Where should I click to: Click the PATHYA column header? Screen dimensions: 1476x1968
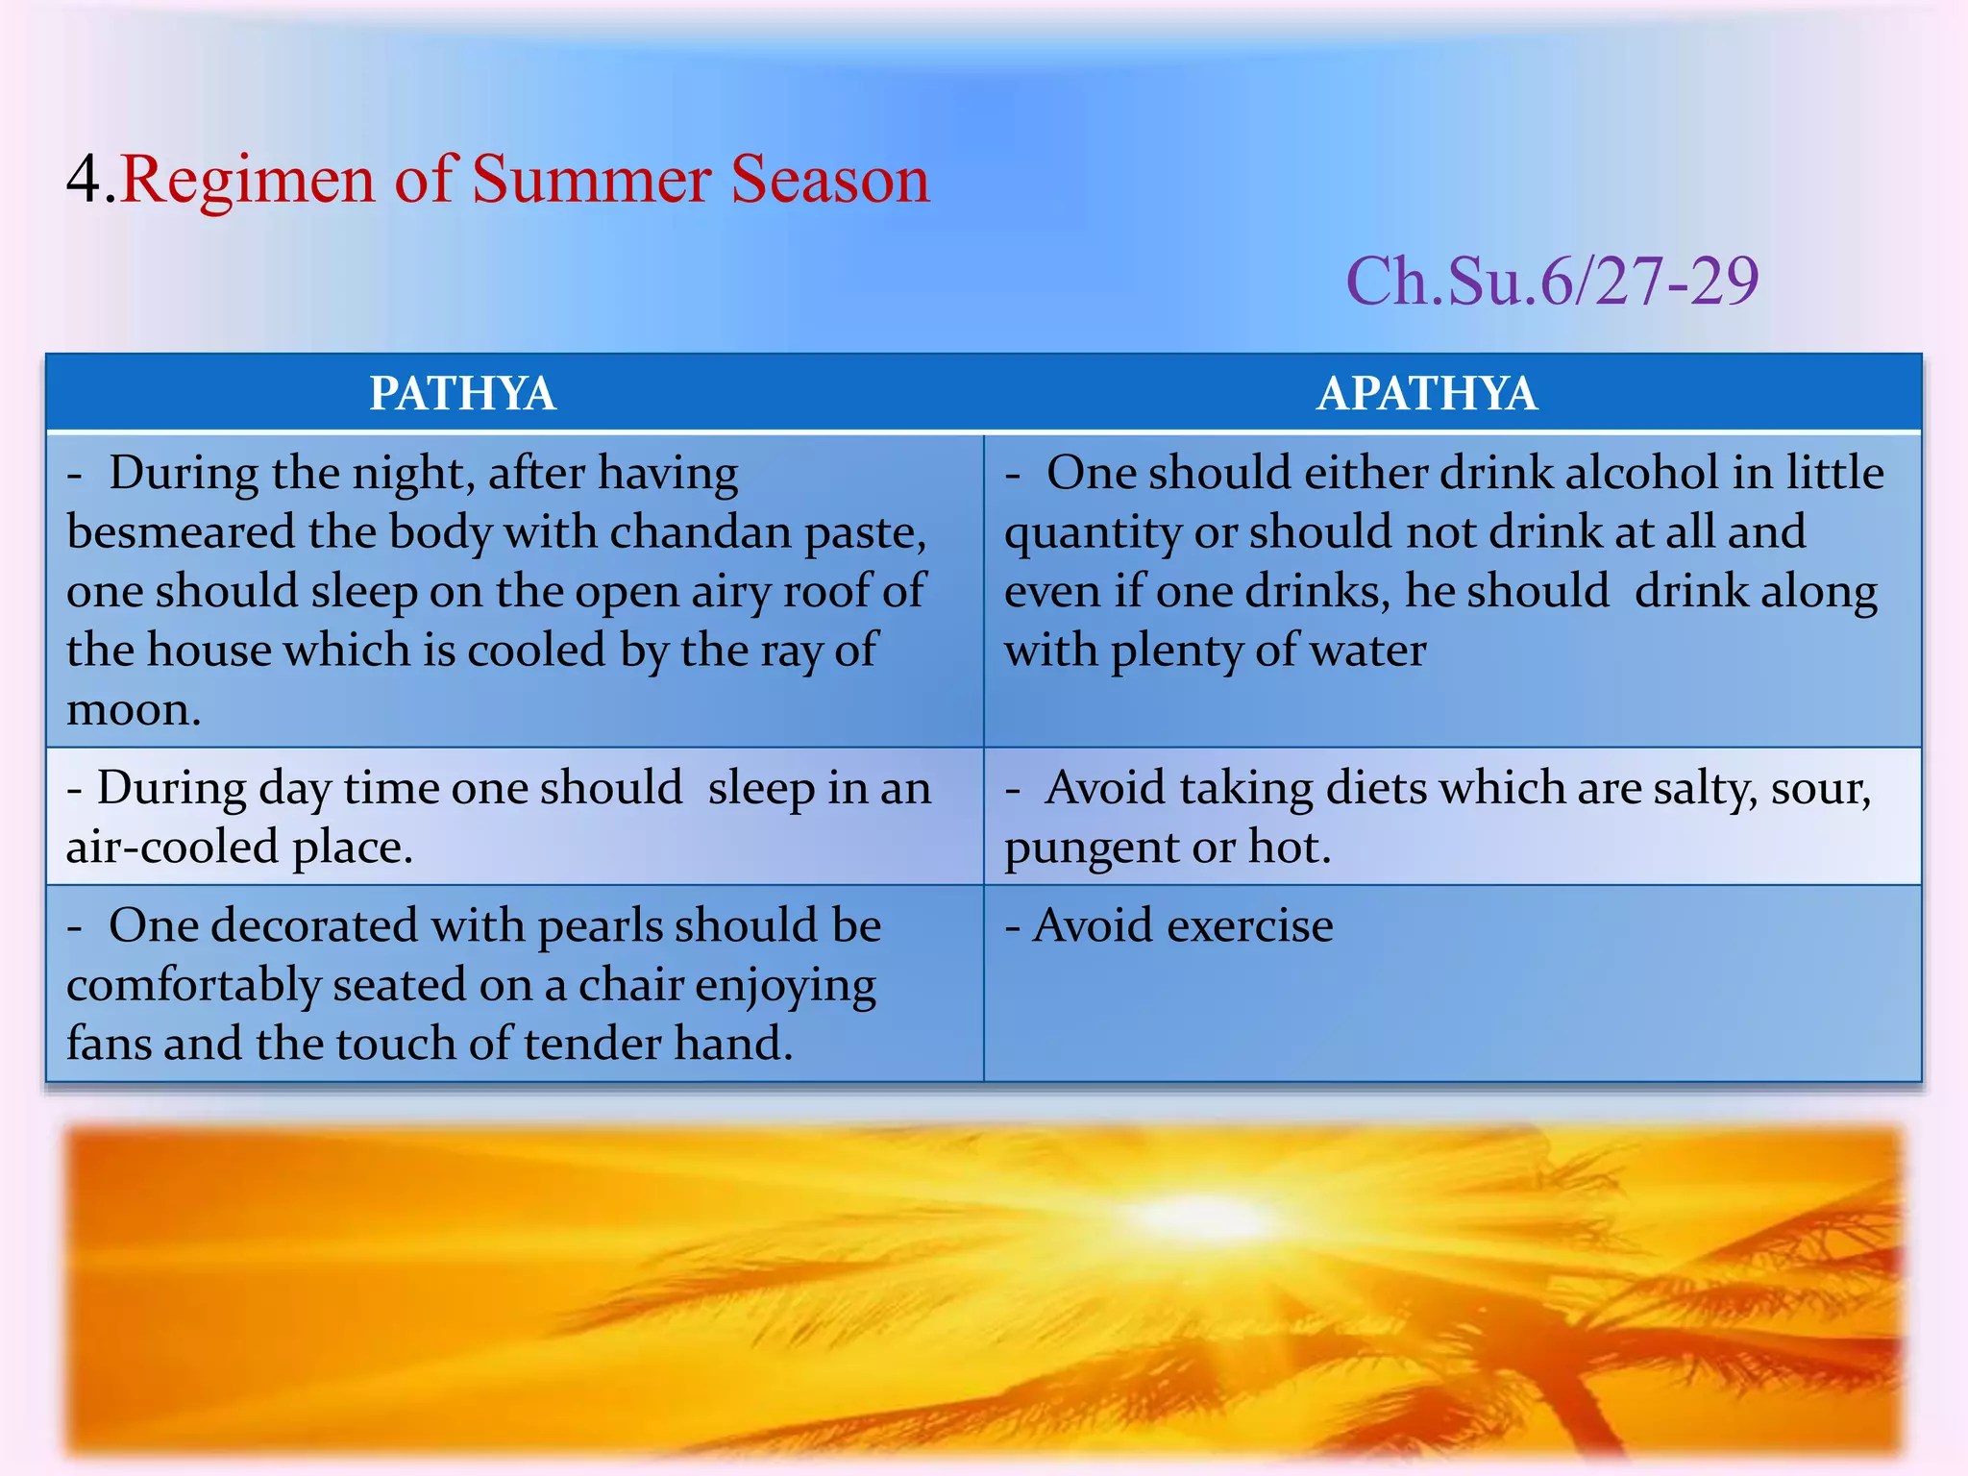click(462, 394)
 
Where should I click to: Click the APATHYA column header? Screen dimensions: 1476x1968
click(1427, 394)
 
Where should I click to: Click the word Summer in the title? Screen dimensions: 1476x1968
click(591, 180)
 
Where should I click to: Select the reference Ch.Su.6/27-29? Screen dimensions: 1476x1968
click(1552, 282)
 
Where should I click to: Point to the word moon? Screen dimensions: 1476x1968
click(133, 710)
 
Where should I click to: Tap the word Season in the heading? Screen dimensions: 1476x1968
click(829, 180)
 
